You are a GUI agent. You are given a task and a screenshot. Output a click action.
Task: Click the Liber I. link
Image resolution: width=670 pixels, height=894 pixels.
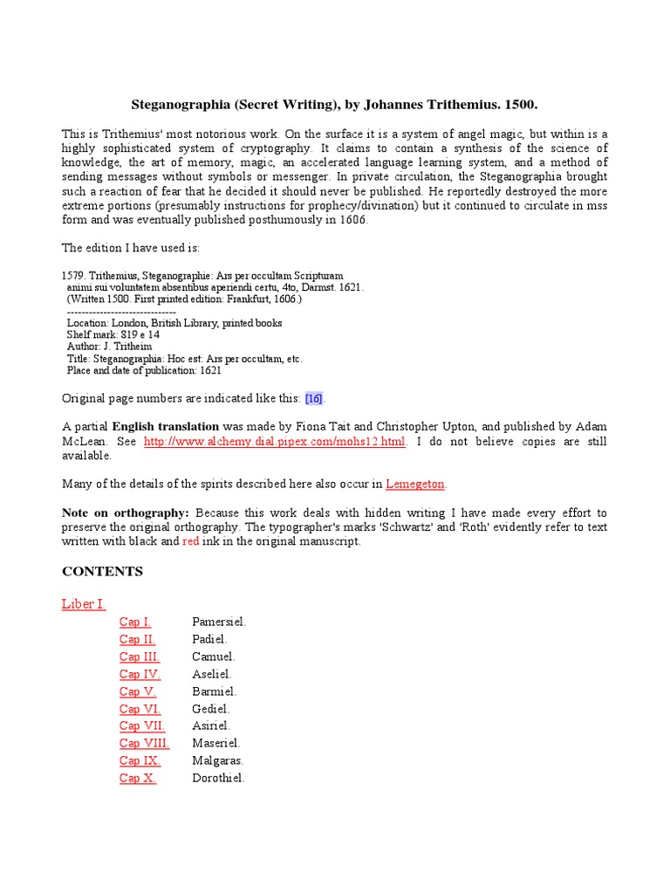[84, 604]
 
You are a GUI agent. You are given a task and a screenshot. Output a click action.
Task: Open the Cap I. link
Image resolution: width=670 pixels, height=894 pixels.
[135, 622]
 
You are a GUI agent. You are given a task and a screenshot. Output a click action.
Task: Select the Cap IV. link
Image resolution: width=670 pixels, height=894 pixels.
[140, 674]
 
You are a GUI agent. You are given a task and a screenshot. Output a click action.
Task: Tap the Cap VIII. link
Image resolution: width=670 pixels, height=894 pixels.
[144, 743]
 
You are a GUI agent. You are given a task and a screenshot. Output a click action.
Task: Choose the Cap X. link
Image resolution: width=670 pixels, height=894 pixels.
[138, 778]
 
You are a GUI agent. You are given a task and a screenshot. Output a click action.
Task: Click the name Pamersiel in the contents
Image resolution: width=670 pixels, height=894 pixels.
[219, 622]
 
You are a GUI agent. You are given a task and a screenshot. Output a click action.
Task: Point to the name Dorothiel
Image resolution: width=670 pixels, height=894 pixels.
[218, 778]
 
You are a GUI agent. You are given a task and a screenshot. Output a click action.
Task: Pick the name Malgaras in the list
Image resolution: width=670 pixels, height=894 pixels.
[217, 760]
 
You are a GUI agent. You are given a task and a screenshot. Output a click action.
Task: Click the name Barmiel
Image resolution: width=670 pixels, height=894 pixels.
[214, 691]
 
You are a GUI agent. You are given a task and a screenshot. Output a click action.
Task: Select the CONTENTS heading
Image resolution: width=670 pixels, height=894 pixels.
[102, 572]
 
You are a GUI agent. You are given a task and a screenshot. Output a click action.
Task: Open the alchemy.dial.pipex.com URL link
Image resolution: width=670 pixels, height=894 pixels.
[275, 442]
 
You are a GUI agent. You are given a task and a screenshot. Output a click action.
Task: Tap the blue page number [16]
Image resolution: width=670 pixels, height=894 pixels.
[314, 399]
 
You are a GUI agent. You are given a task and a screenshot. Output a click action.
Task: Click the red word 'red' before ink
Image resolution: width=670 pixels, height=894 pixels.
[191, 541]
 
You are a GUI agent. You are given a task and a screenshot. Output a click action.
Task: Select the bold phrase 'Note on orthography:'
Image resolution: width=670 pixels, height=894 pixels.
[126, 512]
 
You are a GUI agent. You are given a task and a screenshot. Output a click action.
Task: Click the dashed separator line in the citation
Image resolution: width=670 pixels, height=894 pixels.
[121, 312]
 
